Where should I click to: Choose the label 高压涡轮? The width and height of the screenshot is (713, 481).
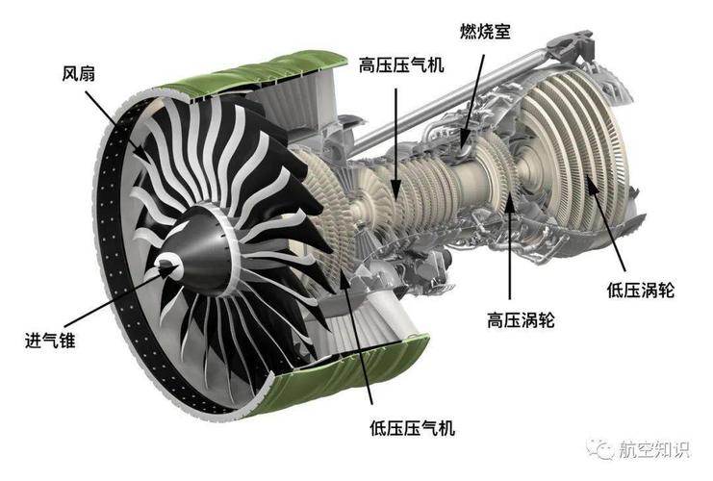tap(522, 318)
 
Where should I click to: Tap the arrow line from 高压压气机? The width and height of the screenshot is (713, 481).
tap(395, 135)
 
